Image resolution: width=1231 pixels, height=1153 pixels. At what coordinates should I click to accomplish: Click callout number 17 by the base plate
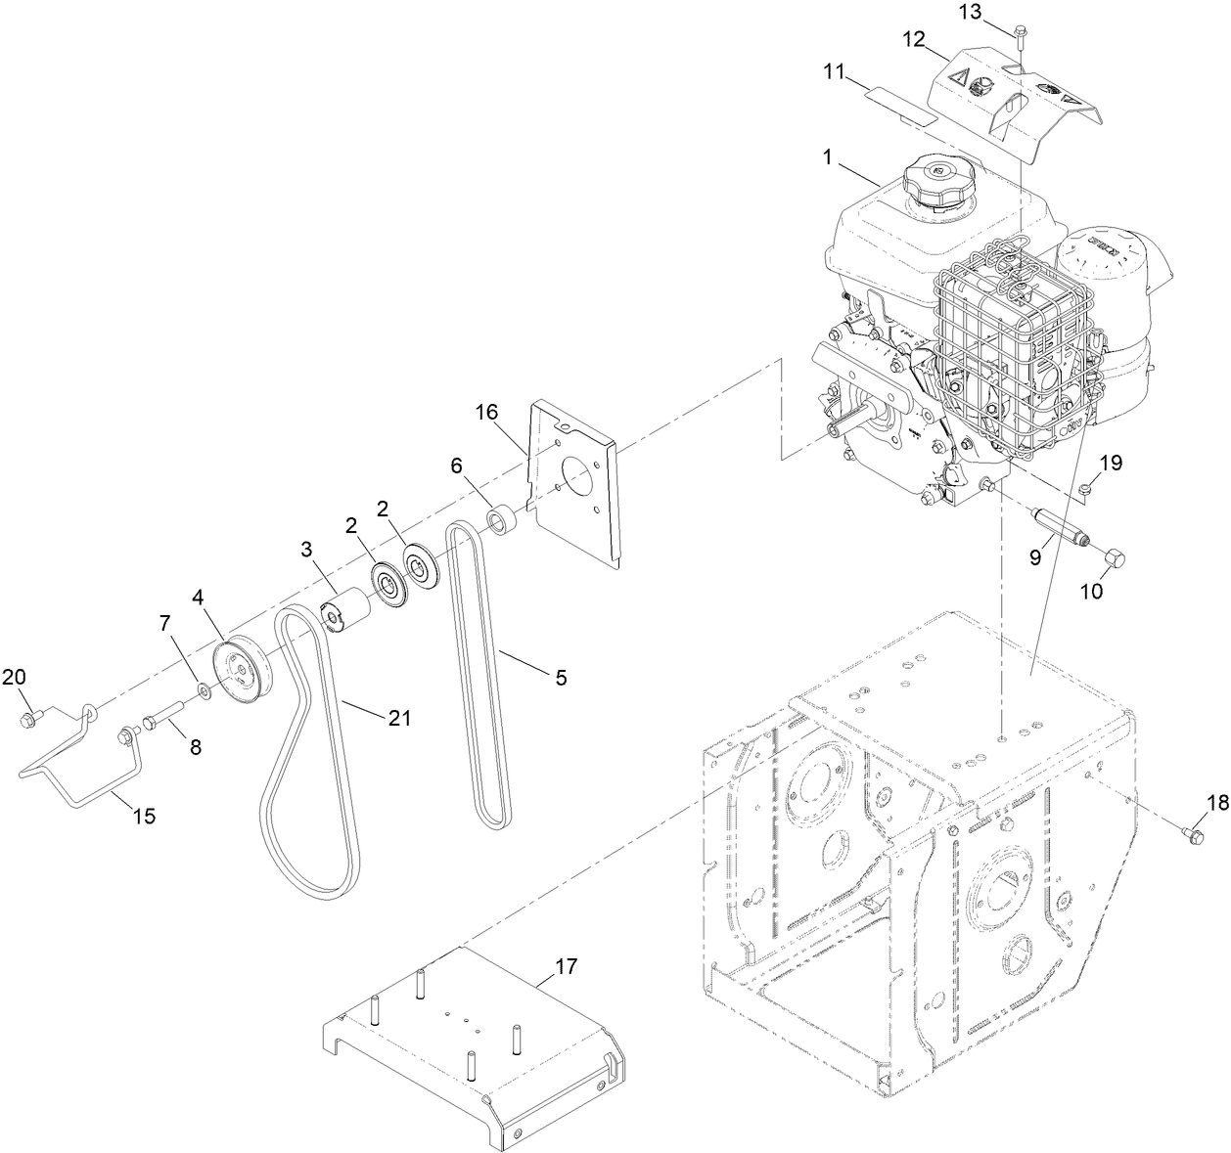tap(567, 966)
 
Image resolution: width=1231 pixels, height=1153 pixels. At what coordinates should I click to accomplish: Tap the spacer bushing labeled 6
tap(503, 521)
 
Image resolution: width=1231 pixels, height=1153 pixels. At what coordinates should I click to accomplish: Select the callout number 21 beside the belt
tap(398, 718)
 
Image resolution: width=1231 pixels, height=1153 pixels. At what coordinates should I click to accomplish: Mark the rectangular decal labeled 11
tap(900, 105)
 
